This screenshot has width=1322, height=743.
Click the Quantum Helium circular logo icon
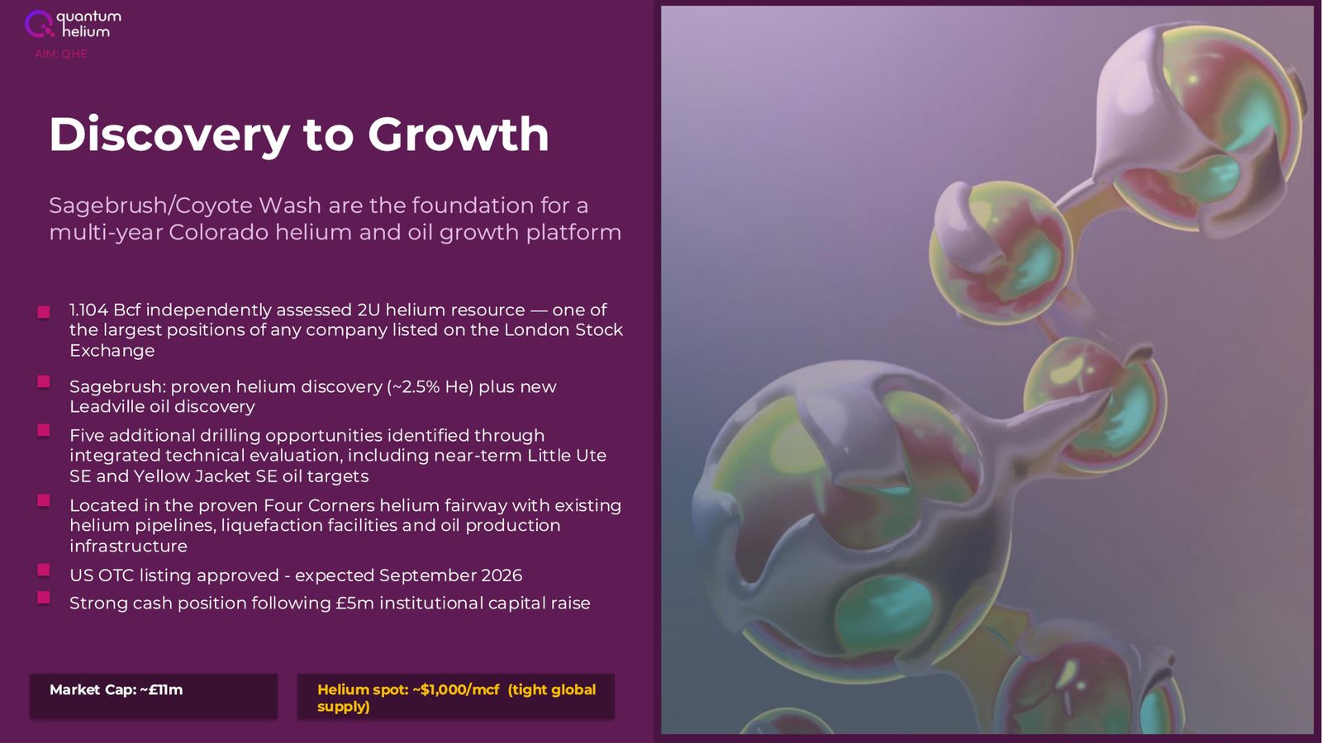tap(39, 24)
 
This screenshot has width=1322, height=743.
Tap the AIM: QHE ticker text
tap(61, 54)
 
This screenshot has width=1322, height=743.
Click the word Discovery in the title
tap(169, 135)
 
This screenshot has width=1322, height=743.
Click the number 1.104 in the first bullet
tap(88, 310)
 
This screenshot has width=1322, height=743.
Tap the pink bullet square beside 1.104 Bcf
tap(44, 312)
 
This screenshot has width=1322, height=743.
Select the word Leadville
tap(107, 406)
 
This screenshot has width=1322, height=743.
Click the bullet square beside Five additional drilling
tap(44, 430)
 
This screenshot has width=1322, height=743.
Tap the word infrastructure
tap(129, 546)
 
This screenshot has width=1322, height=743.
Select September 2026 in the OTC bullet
tap(451, 575)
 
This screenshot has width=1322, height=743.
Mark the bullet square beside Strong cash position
tap(44, 598)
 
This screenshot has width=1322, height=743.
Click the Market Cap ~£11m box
tap(154, 696)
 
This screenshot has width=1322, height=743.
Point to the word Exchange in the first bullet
tap(112, 351)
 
